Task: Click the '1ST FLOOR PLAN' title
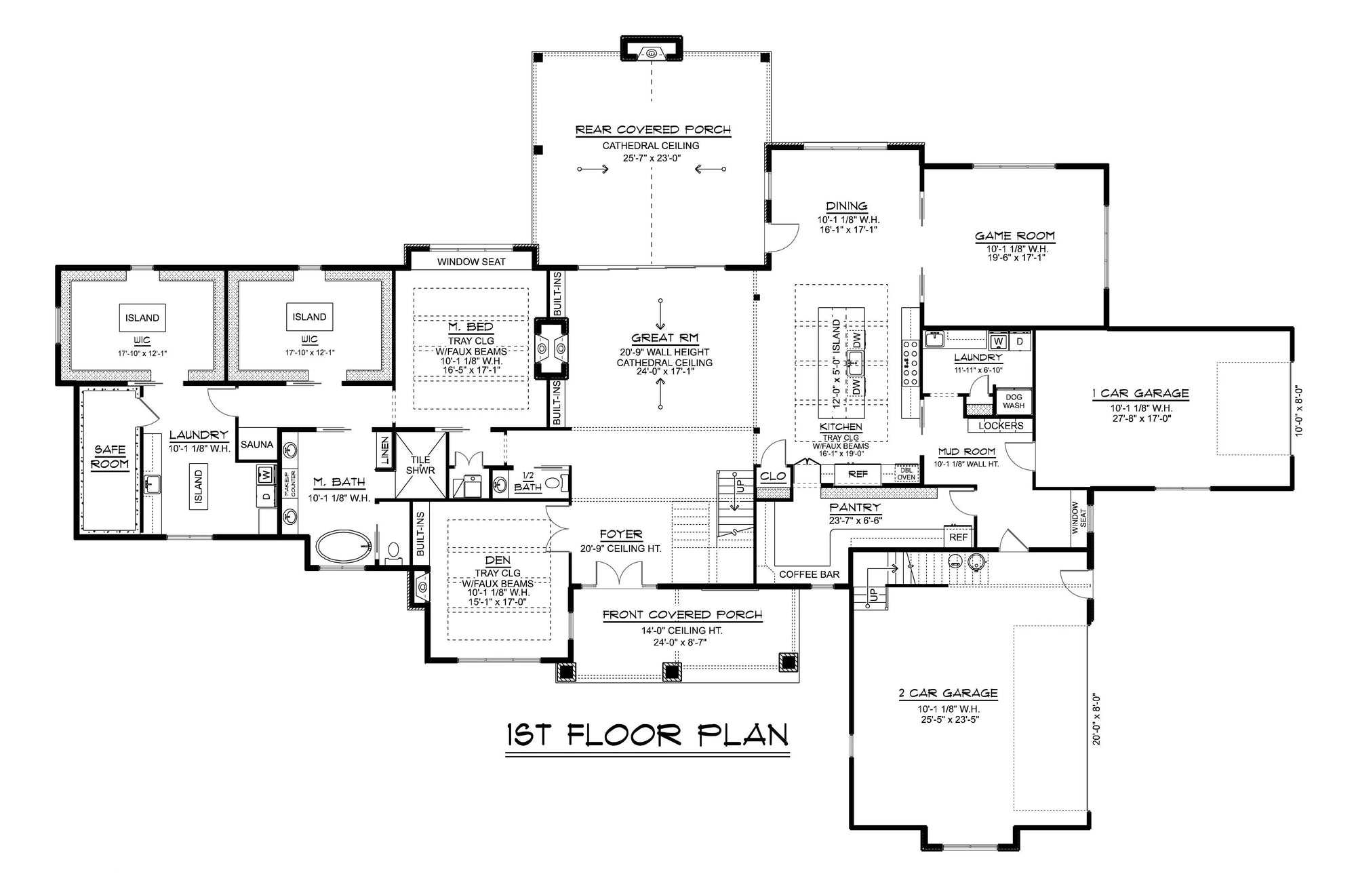[647, 735]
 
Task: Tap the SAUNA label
[257, 445]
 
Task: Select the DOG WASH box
[1014, 401]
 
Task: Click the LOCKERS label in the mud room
[1001, 426]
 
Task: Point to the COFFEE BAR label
[809, 574]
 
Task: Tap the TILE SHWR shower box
[420, 464]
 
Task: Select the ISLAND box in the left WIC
[142, 317]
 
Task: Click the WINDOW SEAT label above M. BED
[471, 262]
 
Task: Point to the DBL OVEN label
[906, 473]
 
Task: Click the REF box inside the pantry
[959, 537]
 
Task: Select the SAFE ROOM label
[110, 457]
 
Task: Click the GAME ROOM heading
[1015, 236]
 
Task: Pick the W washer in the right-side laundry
[998, 341]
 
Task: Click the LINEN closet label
[384, 449]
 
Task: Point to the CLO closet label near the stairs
[773, 476]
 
